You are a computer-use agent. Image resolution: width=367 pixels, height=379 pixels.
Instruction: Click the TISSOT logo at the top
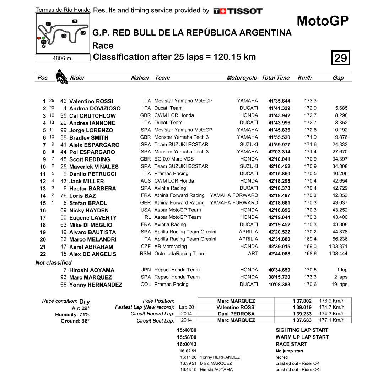(238, 11)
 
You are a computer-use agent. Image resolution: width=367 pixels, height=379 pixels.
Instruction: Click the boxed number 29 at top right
(341, 58)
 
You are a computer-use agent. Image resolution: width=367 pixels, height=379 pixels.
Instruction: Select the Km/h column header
(304, 78)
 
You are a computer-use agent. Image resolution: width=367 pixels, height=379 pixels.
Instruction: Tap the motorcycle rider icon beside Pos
(61, 77)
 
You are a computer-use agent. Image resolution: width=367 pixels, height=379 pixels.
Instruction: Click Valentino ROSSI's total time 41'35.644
(279, 101)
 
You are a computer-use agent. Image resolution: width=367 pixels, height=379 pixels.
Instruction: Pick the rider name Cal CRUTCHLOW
(92, 116)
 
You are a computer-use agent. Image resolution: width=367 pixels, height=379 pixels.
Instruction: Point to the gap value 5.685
(341, 108)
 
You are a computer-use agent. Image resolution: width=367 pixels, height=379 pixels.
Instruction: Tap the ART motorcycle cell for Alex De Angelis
(253, 254)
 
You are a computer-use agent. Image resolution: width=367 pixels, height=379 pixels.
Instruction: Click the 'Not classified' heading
(54, 263)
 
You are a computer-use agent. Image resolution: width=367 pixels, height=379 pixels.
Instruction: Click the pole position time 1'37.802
(302, 301)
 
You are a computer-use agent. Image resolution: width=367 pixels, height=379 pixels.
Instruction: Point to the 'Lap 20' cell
(187, 307)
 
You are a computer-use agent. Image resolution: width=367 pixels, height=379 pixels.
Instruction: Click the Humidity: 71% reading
(72, 315)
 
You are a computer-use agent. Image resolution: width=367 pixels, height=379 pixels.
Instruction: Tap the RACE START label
(291, 344)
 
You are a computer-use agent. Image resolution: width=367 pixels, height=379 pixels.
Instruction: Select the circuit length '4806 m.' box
(63, 58)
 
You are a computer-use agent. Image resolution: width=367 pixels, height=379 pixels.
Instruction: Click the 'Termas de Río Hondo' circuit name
(63, 10)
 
